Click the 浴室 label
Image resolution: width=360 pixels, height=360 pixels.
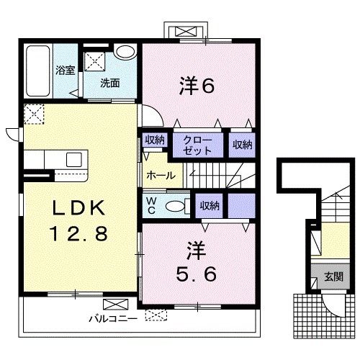(66, 71)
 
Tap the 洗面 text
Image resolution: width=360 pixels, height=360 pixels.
(110, 83)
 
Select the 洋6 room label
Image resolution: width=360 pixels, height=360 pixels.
(197, 86)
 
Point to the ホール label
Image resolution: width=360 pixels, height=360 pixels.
(159, 176)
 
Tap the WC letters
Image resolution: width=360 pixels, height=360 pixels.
(153, 205)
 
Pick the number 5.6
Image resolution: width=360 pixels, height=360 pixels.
(196, 274)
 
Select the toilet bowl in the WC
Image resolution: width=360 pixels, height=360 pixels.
(175, 206)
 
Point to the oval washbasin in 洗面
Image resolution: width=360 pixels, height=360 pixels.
(125, 53)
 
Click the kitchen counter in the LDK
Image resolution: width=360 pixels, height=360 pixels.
(55, 159)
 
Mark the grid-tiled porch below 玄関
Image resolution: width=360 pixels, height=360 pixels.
(307, 312)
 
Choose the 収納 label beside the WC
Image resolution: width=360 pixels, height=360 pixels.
(210, 206)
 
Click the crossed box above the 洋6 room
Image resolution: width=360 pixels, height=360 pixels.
(186, 32)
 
